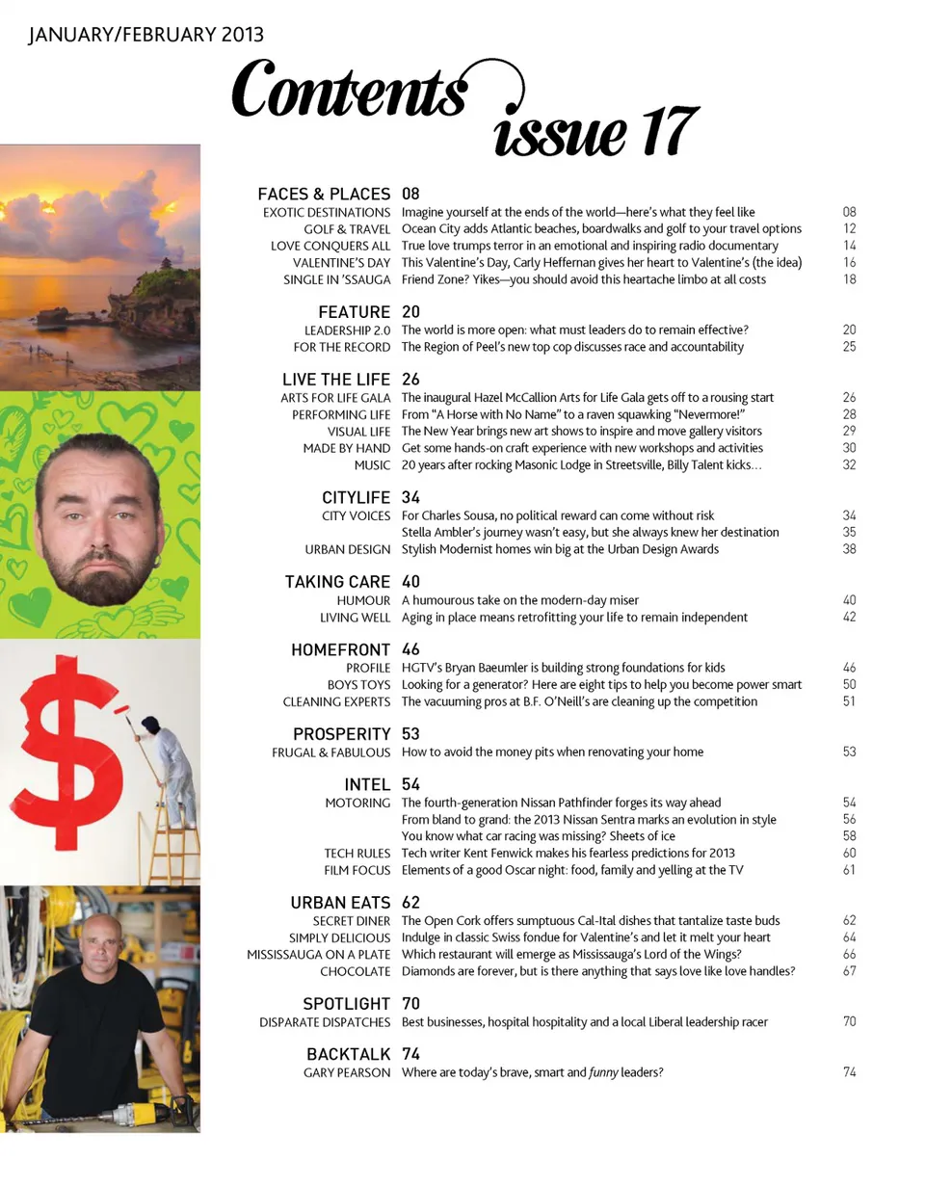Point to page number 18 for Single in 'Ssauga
tap(848, 279)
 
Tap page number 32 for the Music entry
tap(848, 464)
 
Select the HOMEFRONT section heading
tap(340, 650)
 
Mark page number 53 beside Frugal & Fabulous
tap(848, 752)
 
